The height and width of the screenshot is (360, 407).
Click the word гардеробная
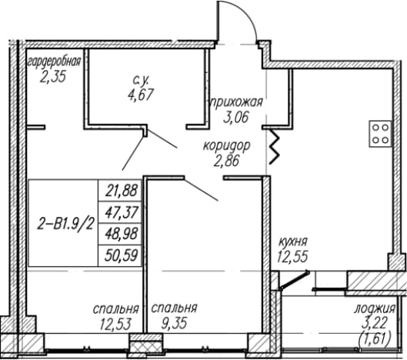(55, 62)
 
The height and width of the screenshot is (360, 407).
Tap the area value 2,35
(53, 77)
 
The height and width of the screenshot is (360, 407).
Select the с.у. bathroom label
(141, 80)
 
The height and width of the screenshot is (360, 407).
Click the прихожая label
(236, 102)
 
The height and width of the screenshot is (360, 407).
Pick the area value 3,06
(235, 117)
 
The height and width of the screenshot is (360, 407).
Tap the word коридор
(227, 146)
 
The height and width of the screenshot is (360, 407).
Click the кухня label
(293, 242)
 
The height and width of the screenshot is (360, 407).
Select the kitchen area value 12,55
(292, 256)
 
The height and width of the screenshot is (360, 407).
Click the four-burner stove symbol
(381, 134)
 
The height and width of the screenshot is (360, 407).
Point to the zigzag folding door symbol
(275, 146)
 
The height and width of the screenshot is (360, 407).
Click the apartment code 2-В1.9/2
(65, 224)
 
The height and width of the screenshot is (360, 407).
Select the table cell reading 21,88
(121, 191)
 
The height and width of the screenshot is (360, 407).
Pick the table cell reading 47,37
(121, 212)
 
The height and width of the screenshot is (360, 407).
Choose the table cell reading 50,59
(121, 256)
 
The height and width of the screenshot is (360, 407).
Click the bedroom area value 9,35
(174, 323)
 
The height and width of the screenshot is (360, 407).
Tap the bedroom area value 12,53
(115, 324)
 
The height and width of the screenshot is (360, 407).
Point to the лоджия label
(375, 309)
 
